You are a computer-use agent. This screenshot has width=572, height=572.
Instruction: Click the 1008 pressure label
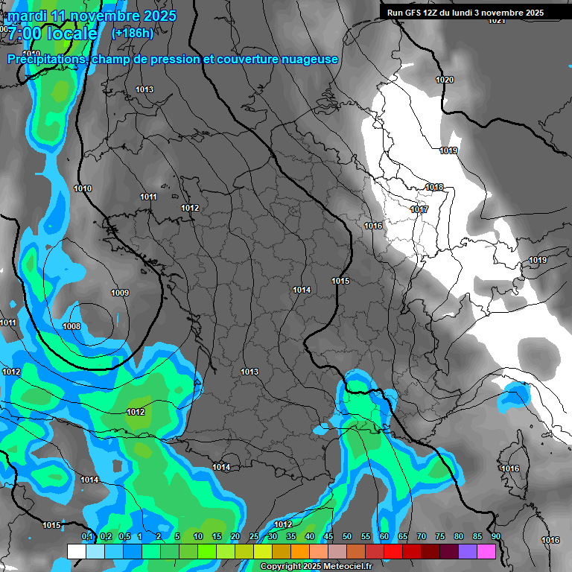[71, 326]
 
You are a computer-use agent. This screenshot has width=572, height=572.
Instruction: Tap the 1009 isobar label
[119, 293]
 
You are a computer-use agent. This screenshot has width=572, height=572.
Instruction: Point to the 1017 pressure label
[419, 209]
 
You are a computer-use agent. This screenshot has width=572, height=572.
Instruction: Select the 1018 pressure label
[434, 187]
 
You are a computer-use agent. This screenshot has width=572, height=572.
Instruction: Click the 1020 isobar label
[444, 80]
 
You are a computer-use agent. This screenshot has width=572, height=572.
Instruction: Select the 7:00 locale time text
[52, 34]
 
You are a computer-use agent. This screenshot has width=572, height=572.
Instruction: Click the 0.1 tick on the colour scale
[86, 536]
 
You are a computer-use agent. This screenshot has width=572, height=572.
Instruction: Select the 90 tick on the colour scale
[495, 536]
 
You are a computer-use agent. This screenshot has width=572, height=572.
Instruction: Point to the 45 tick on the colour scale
[328, 536]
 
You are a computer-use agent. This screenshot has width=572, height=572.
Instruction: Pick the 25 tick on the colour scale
[254, 536]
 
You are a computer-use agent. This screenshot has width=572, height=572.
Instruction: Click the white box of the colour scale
[76, 551]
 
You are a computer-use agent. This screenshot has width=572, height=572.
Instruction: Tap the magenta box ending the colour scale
[486, 551]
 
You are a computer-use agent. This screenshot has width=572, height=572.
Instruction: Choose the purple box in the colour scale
[468, 551]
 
